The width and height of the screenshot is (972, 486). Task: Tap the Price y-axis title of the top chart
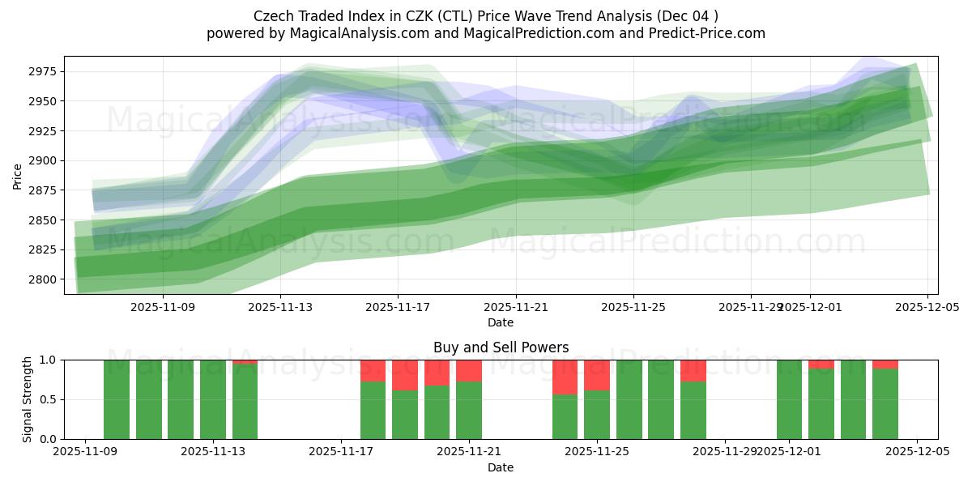18,175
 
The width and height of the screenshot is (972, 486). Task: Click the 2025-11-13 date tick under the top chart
280,308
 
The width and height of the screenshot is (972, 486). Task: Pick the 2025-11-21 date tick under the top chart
516,308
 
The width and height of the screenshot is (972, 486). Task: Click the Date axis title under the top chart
501,323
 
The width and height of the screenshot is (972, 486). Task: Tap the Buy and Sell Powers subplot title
501,347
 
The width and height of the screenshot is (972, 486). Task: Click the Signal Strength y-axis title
28,399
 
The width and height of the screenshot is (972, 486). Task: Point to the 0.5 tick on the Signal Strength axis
49,399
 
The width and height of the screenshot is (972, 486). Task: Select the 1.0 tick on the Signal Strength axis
49,360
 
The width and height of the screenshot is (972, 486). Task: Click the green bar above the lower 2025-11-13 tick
213,401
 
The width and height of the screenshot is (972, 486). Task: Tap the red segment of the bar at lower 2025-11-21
469,370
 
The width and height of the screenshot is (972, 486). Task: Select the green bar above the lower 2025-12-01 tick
789,401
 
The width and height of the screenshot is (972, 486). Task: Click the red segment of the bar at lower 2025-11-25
597,374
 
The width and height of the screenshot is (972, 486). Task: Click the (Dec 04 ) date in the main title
688,16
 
